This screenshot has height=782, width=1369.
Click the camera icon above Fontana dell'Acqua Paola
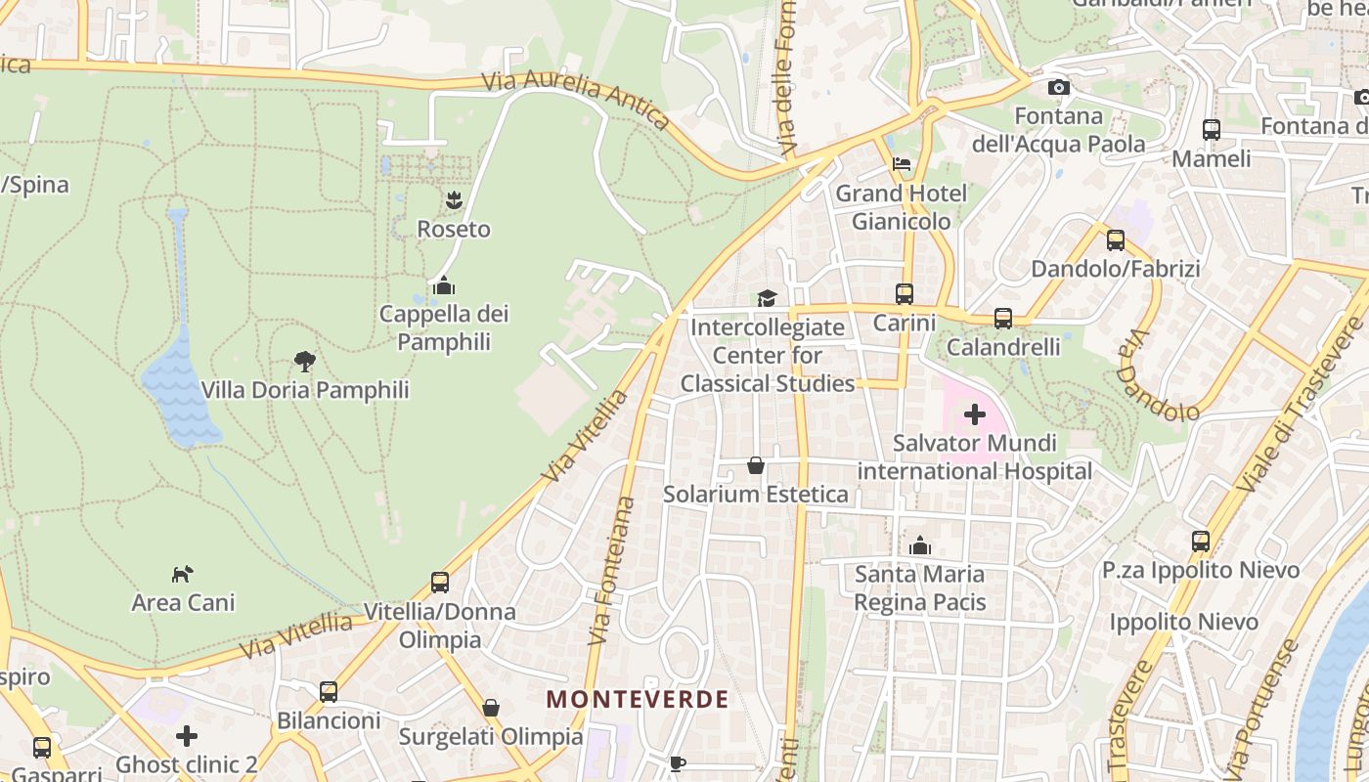click(x=1058, y=88)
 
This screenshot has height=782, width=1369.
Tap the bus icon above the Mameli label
click(x=1211, y=129)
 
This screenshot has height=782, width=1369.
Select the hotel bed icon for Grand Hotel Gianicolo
click(x=902, y=164)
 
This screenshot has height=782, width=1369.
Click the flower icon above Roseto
click(x=454, y=200)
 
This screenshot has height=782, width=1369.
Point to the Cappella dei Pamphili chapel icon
click(x=444, y=285)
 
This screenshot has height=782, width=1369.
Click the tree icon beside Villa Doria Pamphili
click(x=305, y=362)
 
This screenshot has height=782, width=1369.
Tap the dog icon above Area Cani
click(x=183, y=573)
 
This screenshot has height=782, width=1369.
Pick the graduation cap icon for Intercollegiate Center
click(x=767, y=297)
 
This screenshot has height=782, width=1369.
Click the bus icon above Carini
click(x=905, y=293)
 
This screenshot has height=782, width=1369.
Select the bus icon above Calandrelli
click(x=1003, y=318)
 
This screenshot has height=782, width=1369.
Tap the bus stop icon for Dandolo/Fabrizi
click(x=1115, y=239)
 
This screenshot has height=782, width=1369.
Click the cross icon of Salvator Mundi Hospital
click(x=975, y=414)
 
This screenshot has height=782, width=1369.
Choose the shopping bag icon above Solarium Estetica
click(x=755, y=465)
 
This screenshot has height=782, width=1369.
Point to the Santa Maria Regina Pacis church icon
click(x=919, y=545)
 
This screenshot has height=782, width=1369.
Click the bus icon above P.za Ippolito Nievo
click(x=1200, y=541)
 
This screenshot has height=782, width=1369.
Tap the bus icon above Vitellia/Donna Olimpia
click(x=440, y=583)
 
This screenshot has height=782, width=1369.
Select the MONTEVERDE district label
click(x=638, y=699)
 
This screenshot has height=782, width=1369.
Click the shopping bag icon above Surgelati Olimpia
click(x=491, y=707)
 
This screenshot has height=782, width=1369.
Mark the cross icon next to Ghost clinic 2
click(x=187, y=735)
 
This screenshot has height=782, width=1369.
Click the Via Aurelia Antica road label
click(x=577, y=99)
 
